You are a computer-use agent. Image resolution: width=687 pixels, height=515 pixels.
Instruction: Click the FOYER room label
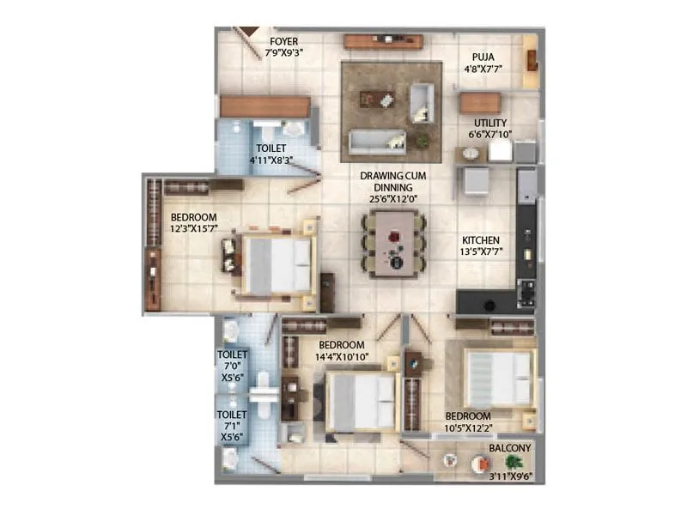click(284, 40)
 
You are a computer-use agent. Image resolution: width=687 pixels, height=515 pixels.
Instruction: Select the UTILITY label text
click(489, 123)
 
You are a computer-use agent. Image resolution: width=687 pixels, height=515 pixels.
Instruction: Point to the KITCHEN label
click(481, 240)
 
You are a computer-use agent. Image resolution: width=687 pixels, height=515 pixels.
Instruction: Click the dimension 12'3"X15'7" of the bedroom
click(193, 229)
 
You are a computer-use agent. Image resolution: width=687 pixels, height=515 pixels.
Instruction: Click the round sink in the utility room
click(470, 154)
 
